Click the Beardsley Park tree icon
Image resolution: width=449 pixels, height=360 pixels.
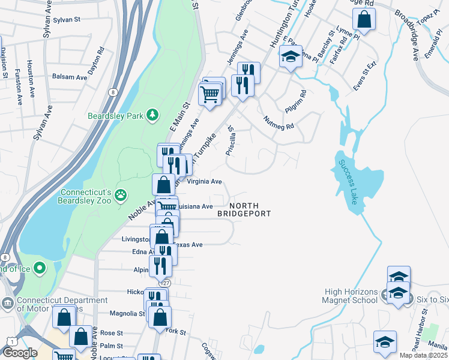[154, 114]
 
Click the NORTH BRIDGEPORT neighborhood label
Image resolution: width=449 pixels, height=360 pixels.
[244, 209]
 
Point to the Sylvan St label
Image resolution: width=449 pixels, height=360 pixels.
[67, 20]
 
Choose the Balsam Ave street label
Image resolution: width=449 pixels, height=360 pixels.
[70, 77]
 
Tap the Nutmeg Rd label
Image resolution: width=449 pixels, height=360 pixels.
[279, 123]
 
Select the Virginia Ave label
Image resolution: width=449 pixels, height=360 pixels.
[205, 181]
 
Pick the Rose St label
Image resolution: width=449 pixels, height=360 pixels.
[111, 332]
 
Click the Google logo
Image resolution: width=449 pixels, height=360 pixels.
[20, 353]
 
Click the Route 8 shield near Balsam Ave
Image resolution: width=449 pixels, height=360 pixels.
[112, 92]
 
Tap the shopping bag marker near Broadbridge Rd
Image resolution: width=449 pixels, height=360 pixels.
[364, 20]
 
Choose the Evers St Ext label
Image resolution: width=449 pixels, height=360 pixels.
[364, 76]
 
